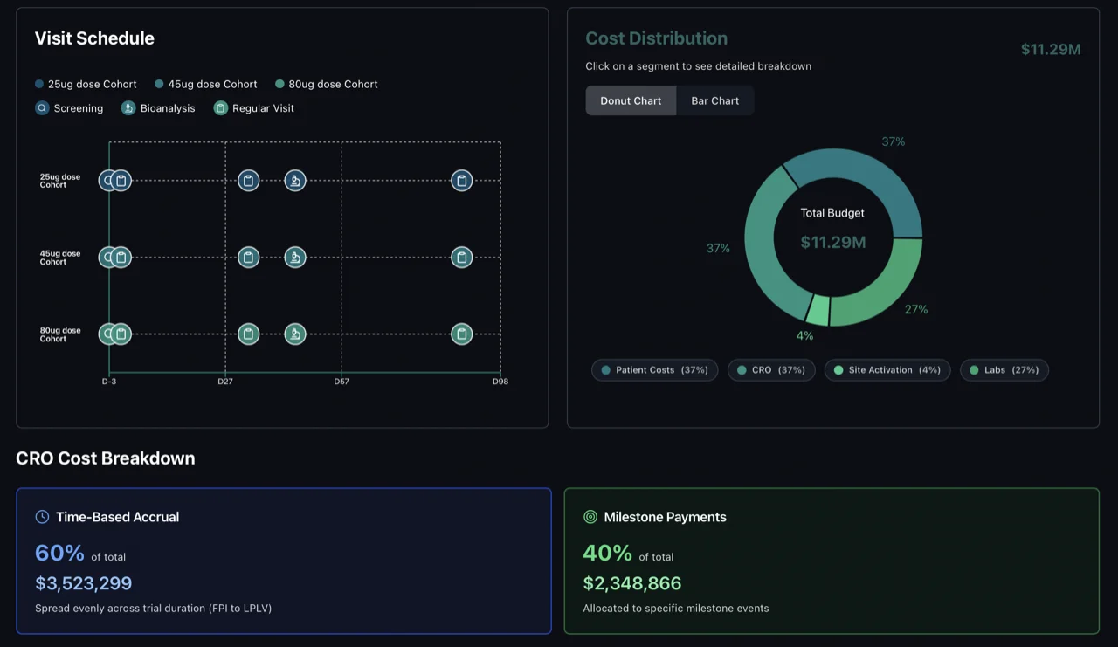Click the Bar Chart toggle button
(x=714, y=100)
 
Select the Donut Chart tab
(x=631, y=100)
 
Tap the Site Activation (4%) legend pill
(x=887, y=370)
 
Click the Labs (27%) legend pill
(x=1004, y=370)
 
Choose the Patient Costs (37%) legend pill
(x=654, y=370)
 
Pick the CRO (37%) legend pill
(x=771, y=370)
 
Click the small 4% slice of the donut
(x=818, y=310)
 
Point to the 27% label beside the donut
(x=916, y=309)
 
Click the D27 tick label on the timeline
(x=225, y=382)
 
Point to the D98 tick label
(x=500, y=382)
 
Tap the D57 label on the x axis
(x=342, y=382)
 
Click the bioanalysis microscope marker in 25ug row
(x=295, y=181)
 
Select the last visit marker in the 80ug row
(x=461, y=334)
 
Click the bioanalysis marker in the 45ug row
(x=295, y=258)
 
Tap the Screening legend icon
(x=42, y=108)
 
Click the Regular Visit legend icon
(x=221, y=108)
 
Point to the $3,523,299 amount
(x=84, y=583)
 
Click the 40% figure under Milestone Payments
(x=607, y=554)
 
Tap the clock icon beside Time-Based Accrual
(x=42, y=517)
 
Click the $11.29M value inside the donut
(x=833, y=242)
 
